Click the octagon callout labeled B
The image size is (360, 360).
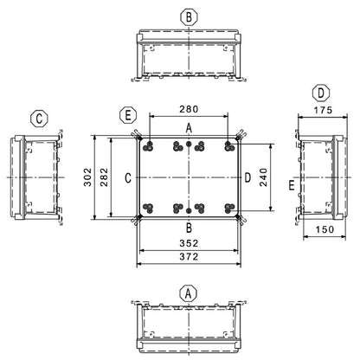coord(189,17)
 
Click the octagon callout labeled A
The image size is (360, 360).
coord(189,294)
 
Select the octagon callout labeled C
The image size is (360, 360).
coord(40,119)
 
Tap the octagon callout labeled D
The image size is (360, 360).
coord(321,93)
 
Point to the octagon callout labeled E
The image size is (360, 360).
coord(128,115)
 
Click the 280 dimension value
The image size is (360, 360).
coord(189,109)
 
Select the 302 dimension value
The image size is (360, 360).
coord(87,177)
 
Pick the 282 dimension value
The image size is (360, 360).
coord(104,177)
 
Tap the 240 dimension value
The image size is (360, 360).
coord(263,177)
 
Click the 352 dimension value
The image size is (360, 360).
coord(189,243)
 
